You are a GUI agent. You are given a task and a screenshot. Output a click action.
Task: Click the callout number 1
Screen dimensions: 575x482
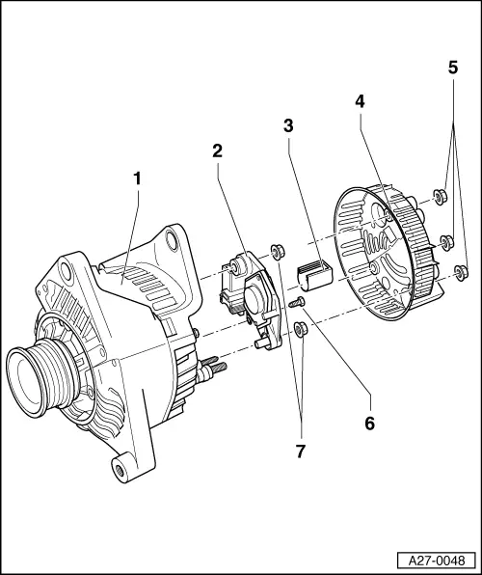tap(137, 178)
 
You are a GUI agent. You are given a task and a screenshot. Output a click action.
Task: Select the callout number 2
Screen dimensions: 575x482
tap(218, 151)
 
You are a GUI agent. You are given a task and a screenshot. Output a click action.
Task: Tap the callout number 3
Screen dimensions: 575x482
tap(288, 125)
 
